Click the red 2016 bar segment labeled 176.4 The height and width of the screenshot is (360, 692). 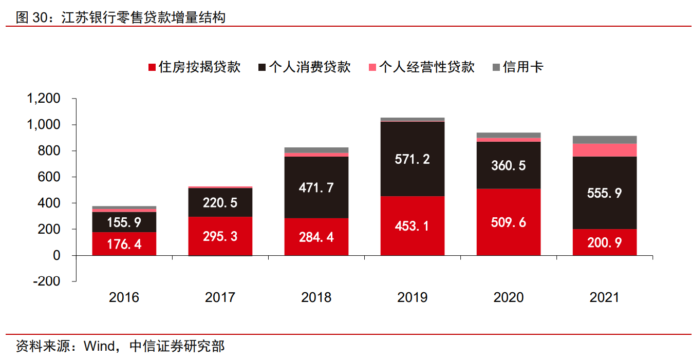(x=124, y=243)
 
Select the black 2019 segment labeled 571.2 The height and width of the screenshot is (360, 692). (x=412, y=159)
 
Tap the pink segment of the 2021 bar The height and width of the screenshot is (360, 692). (x=605, y=149)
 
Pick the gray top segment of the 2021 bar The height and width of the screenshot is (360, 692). (x=605, y=140)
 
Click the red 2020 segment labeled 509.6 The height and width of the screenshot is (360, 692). (x=508, y=222)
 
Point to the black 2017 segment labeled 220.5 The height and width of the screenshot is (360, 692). (x=220, y=202)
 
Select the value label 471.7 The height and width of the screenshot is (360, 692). (x=316, y=187)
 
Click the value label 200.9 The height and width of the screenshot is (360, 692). (x=605, y=242)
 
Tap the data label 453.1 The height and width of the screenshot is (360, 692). (x=412, y=226)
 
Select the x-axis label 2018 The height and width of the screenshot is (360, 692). (x=316, y=297)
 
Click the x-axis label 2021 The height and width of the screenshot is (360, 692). (x=605, y=297)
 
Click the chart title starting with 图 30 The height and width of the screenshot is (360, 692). (x=121, y=18)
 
